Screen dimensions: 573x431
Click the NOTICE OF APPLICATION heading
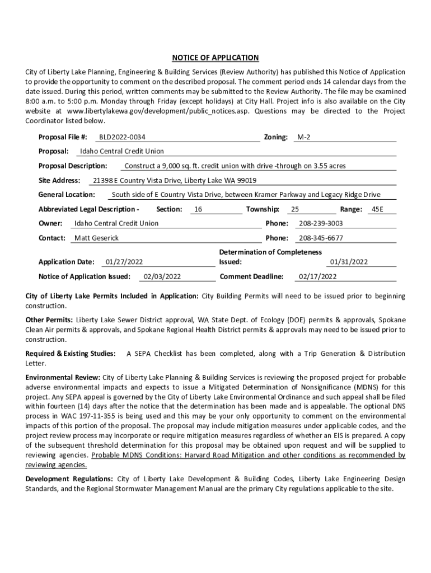pyautogui.click(x=215, y=58)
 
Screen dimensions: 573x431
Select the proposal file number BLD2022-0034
pyautogui.click(x=122, y=137)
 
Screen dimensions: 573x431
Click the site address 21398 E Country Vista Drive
pyautogui.click(x=175, y=180)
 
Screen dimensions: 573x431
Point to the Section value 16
pyautogui.click(x=198, y=209)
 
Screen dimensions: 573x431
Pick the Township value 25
pyautogui.click(x=295, y=209)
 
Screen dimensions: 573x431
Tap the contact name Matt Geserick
pyautogui.click(x=97, y=238)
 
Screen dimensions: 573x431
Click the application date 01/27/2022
pyautogui.click(x=124, y=262)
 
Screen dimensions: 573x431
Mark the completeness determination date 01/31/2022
pyautogui.click(x=349, y=262)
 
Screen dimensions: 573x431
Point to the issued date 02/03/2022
pyautogui.click(x=162, y=276)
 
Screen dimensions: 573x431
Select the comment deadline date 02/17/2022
pyautogui.click(x=318, y=276)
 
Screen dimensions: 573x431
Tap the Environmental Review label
pyautogui.click(x=63, y=378)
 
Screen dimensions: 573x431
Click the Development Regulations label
pyautogui.click(x=69, y=480)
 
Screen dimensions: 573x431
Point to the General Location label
pyautogui.click(x=67, y=195)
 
